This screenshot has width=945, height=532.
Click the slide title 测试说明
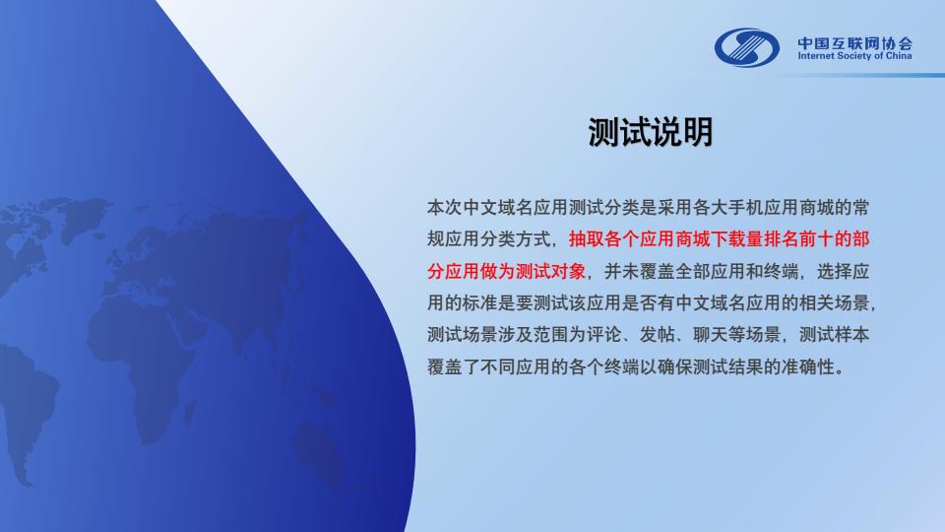click(651, 132)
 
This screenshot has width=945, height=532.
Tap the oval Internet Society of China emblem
click(747, 47)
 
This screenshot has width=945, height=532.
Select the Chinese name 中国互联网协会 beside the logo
click(855, 43)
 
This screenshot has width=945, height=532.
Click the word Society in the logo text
click(853, 56)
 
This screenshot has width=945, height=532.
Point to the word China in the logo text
click(899, 56)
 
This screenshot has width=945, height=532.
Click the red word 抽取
click(586, 239)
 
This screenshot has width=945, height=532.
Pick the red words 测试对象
click(551, 272)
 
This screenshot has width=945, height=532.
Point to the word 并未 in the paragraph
click(621, 272)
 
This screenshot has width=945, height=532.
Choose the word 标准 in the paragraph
click(479, 302)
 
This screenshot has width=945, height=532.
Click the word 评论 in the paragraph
click(603, 335)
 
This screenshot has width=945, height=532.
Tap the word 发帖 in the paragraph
click(657, 335)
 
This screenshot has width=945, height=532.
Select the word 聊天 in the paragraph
click(711, 335)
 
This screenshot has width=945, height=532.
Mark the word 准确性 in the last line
click(807, 366)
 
